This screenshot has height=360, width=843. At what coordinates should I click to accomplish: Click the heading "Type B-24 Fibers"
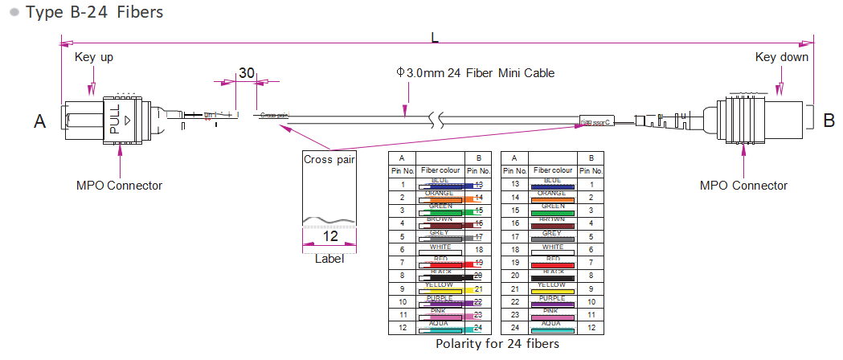(94, 12)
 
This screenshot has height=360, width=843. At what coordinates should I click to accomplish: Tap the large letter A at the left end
(40, 121)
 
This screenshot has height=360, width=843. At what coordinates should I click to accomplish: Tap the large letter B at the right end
(829, 121)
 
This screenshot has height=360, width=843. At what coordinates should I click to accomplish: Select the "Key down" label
(782, 57)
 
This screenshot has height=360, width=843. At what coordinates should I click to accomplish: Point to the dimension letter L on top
(435, 38)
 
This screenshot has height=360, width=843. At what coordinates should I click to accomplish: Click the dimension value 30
(247, 73)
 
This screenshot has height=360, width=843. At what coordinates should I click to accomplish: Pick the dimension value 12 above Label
(329, 237)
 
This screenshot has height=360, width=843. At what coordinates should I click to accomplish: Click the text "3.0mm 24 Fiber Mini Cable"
(481, 73)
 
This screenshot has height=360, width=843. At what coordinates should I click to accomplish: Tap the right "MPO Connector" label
(743, 186)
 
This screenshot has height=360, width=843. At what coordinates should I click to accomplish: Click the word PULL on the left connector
(114, 118)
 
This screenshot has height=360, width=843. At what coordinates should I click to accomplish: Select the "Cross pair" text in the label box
(329, 159)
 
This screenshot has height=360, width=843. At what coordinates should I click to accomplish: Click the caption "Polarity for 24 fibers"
(497, 343)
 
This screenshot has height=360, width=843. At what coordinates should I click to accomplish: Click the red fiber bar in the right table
(551, 264)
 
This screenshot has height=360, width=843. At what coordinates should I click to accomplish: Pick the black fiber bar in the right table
(551, 277)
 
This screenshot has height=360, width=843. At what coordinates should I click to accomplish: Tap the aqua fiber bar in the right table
(551, 329)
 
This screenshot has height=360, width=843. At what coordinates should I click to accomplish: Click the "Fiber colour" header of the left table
(440, 171)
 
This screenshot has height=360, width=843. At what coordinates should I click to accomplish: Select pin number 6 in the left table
(401, 250)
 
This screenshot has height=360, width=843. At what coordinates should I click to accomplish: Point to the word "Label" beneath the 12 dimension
(329, 259)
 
